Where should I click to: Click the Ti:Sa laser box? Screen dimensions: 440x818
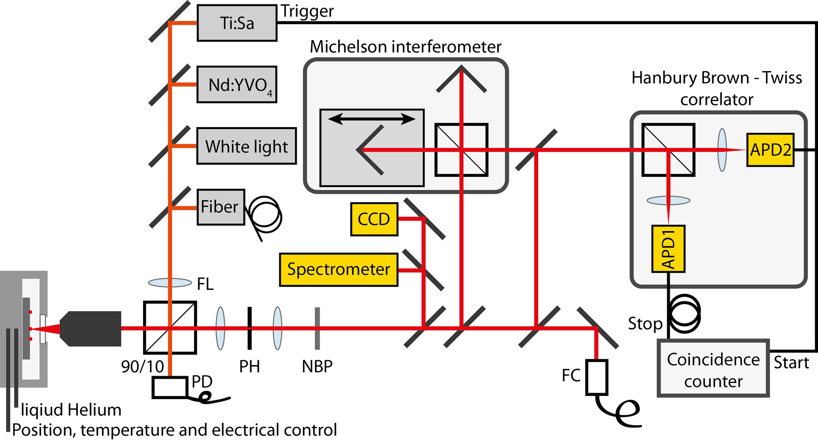coord(237,23)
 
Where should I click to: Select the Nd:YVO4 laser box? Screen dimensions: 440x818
coord(237,85)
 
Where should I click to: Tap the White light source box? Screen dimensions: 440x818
coord(246,146)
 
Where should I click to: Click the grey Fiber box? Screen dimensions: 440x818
coord(220,207)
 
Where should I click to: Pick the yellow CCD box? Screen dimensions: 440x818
coord(374,219)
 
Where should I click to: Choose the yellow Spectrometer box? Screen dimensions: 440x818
coord(338,269)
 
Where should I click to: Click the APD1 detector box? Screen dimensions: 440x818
coord(668,249)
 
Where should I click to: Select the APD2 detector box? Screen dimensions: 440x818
coord(770,150)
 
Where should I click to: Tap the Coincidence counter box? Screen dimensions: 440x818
coord(713,368)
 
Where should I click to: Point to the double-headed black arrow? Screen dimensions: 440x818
coord(372,119)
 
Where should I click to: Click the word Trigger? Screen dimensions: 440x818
coord(307,11)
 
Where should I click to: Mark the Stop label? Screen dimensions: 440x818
coord(645,323)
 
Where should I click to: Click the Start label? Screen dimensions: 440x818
coord(791,362)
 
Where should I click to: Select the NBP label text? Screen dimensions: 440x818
coord(317,367)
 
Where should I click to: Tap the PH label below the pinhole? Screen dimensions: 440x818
coord(249,367)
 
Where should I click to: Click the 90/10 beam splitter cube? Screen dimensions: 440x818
coord(170,328)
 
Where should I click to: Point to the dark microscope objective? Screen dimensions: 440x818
coord(92,329)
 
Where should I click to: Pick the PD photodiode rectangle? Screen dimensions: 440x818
coord(170,387)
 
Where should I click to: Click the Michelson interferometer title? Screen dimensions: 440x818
coord(405,47)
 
